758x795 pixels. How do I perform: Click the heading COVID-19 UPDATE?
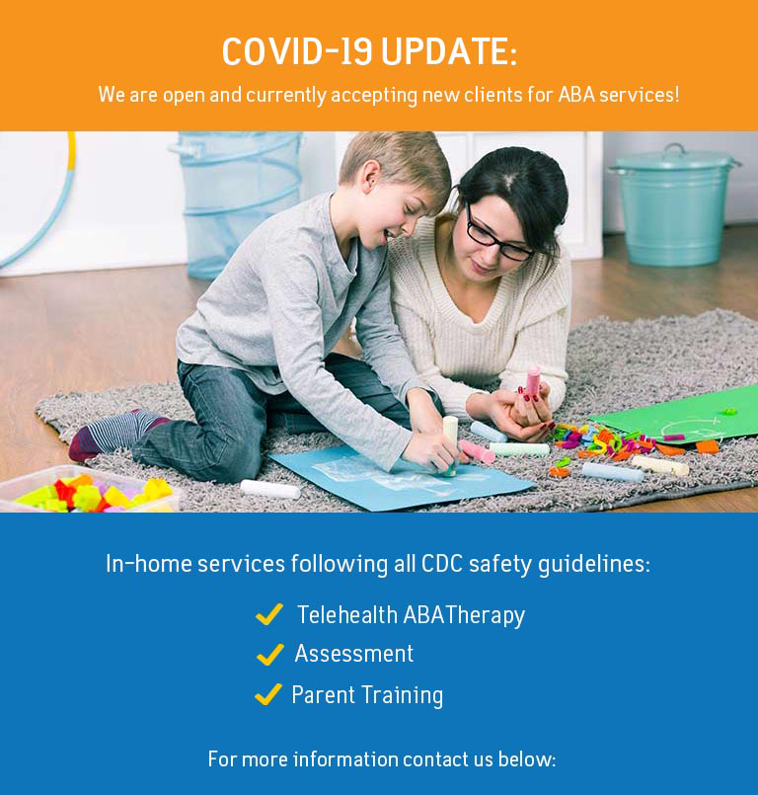point(369,52)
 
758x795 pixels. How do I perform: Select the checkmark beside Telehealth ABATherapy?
point(268,615)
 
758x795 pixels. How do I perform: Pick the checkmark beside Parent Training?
point(267,694)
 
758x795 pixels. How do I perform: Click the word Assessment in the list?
point(354,654)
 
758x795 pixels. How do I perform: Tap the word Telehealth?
point(347,615)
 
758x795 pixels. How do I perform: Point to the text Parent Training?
point(367,695)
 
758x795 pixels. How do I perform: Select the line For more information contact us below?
point(382,759)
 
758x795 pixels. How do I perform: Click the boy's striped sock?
point(110,436)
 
